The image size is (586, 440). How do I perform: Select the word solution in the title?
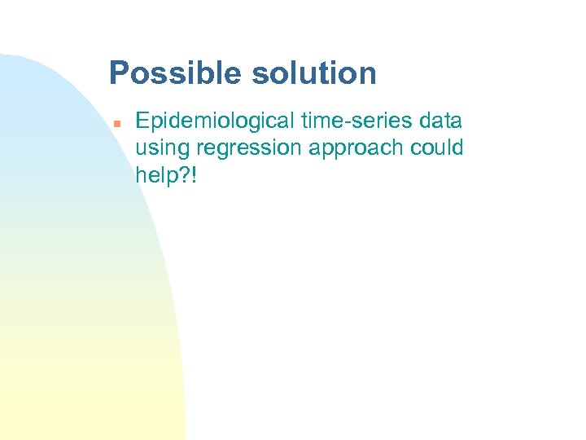[x=314, y=73]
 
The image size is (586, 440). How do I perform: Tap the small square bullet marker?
[x=117, y=123]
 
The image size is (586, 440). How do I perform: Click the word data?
[x=441, y=121]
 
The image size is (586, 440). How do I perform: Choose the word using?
[x=161, y=149]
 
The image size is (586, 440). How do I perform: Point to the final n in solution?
[x=368, y=75]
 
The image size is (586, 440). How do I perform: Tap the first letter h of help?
[x=141, y=174]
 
